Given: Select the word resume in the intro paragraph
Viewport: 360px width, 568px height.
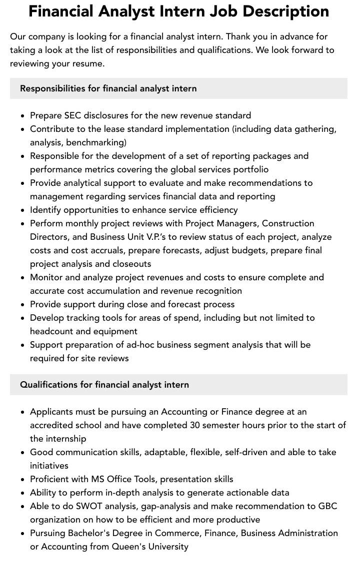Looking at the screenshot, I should point(87,63).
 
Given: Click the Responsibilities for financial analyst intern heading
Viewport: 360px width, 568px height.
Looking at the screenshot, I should point(108,88).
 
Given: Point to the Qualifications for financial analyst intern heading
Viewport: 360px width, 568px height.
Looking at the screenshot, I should point(104,385).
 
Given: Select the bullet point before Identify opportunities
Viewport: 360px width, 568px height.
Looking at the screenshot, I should point(22,210).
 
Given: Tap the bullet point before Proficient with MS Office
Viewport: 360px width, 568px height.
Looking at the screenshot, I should point(22,480).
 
